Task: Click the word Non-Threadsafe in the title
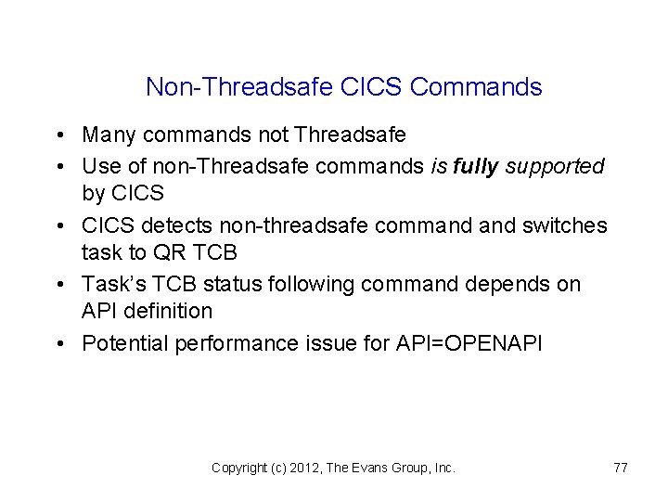click(239, 87)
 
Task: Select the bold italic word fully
click(475, 166)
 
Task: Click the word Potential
click(123, 343)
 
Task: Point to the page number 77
click(621, 468)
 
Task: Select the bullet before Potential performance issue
click(58, 343)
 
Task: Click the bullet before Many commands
click(58, 135)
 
